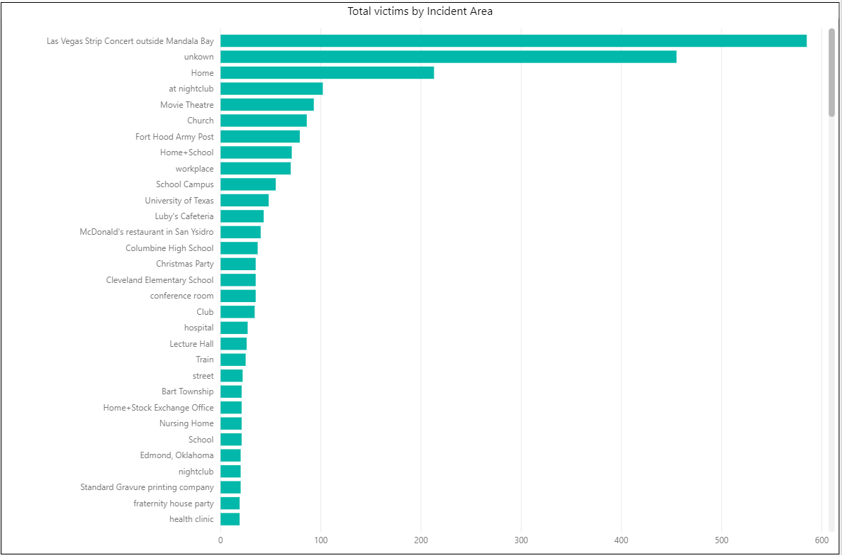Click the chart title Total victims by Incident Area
tap(420, 11)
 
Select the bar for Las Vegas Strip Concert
tap(513, 41)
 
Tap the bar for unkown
tap(448, 57)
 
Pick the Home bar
tap(327, 73)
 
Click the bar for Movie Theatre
tap(267, 105)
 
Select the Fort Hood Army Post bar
tap(260, 137)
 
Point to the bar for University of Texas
tap(245, 201)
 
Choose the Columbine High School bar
tap(239, 248)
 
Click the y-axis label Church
tap(200, 121)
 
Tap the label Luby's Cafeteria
tap(184, 216)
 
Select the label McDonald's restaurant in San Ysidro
tap(146, 232)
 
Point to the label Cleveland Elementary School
tap(159, 280)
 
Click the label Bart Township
tap(187, 391)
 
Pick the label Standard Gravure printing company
tap(147, 487)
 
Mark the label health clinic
tap(191, 519)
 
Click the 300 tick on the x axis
tap(521, 541)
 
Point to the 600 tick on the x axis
tap(822, 541)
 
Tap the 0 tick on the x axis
tap(220, 541)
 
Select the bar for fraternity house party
tap(230, 504)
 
